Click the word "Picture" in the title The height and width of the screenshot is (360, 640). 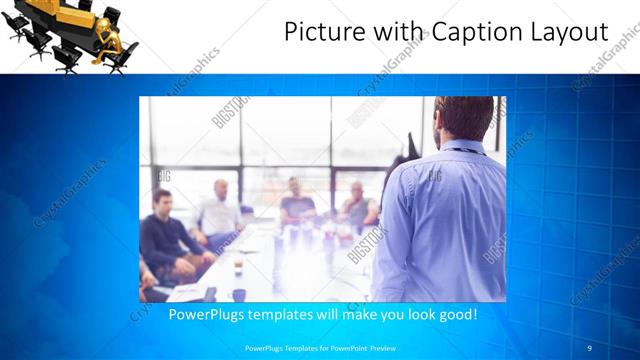(318, 32)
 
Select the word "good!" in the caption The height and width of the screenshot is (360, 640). (455, 314)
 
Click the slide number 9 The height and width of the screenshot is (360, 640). (589, 347)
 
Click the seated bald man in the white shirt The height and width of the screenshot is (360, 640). (219, 210)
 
